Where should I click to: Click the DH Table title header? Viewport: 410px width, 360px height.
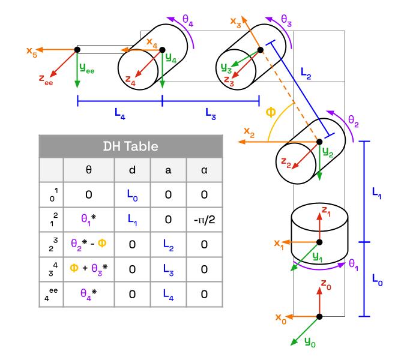131,146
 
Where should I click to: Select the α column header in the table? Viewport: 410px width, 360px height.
204,170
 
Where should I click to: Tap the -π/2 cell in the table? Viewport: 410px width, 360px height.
204,220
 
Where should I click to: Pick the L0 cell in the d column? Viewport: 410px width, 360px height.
133,194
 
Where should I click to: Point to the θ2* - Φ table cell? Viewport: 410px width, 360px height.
89,244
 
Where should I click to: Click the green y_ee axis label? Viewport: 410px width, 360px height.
88,70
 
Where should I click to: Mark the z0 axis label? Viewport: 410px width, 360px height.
325,283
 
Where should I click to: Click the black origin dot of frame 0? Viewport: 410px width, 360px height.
319,316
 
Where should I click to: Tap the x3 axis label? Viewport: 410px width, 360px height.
235,22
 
